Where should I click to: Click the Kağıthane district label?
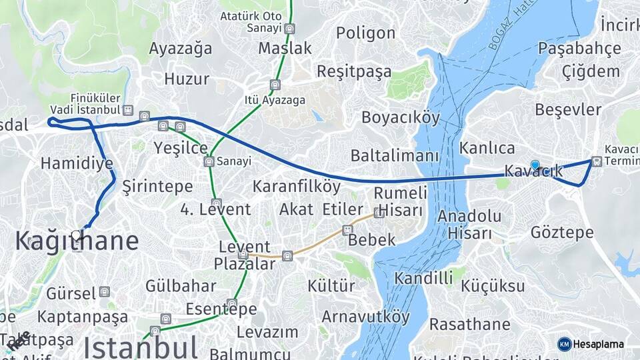pyautogui.click(x=77, y=241)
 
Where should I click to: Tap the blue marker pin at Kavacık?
pyautogui.click(x=535, y=165)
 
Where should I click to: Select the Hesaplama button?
pyautogui.click(x=591, y=344)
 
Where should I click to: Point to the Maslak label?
pyautogui.click(x=285, y=49)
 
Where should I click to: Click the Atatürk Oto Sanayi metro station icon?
pyautogui.click(x=289, y=29)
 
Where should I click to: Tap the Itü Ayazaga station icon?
pyautogui.click(x=275, y=85)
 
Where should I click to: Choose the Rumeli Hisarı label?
pyautogui.click(x=399, y=201)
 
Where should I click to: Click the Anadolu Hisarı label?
pyautogui.click(x=469, y=224)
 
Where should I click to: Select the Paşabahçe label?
pyautogui.click(x=579, y=49)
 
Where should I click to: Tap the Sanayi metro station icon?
pyautogui.click(x=209, y=161)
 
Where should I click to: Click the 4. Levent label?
pyautogui.click(x=215, y=209)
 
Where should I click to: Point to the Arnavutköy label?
pyautogui.click(x=366, y=316)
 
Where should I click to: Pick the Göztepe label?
pyautogui.click(x=562, y=233)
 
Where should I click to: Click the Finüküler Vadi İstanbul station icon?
pyautogui.click(x=128, y=111)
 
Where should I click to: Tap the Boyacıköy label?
pyautogui.click(x=401, y=118)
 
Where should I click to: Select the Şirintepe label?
pyautogui.click(x=157, y=187)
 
